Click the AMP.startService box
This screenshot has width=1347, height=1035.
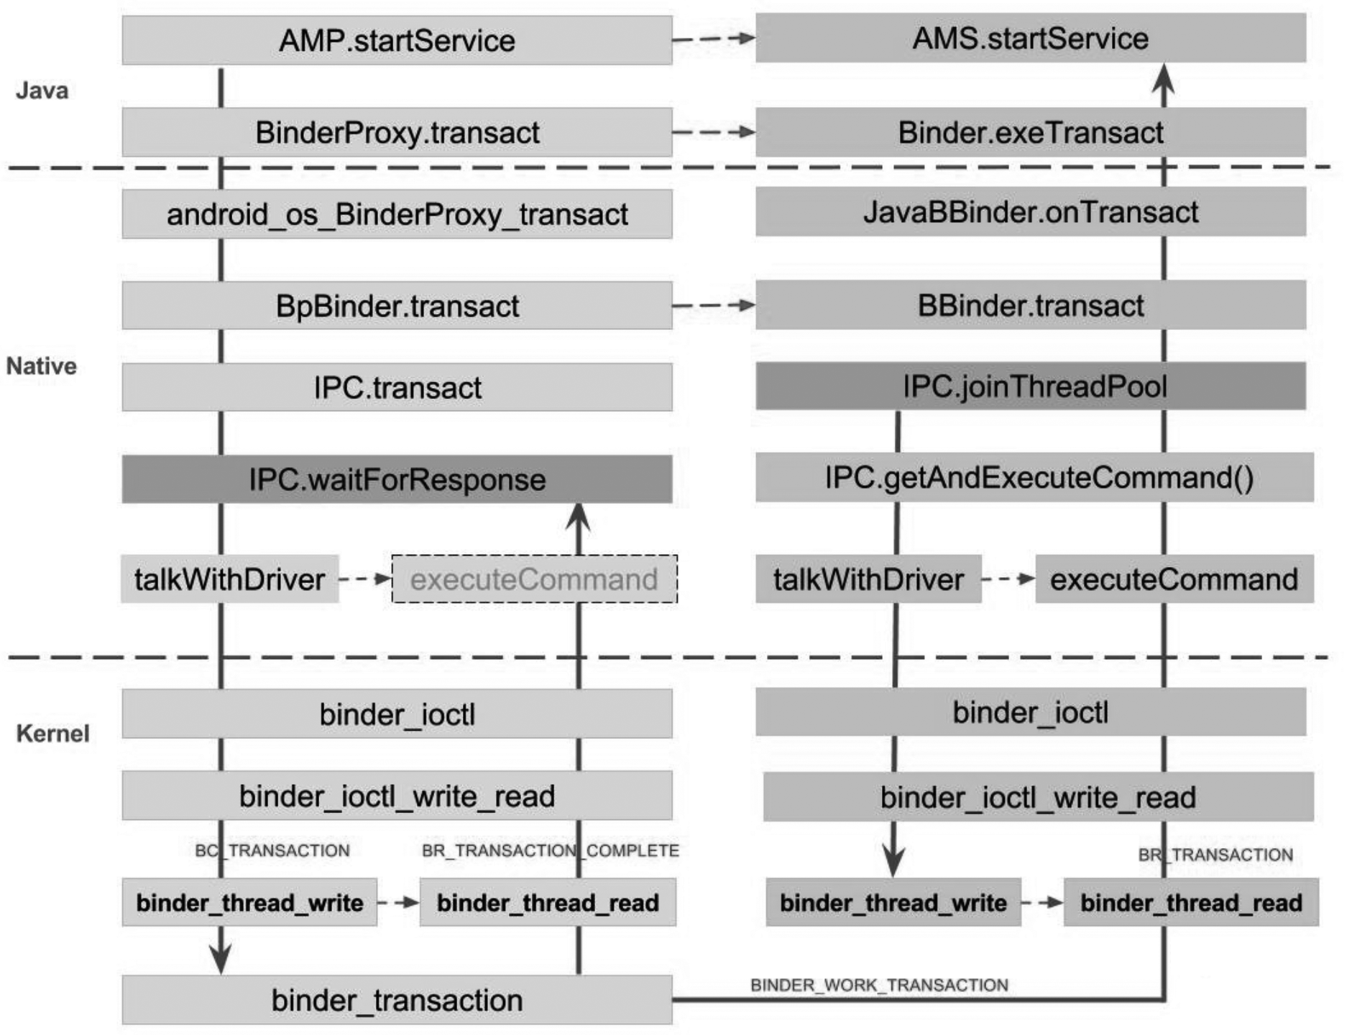[397, 40]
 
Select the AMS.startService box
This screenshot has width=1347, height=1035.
[1030, 38]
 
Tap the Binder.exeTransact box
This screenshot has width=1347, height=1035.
[1030, 132]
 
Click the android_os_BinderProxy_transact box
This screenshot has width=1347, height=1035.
[397, 214]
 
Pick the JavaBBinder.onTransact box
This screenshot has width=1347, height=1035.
[1030, 212]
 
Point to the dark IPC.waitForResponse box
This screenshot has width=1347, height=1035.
[397, 479]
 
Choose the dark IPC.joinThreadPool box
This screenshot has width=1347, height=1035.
[1030, 387]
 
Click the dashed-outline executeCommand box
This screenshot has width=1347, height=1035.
[533, 579]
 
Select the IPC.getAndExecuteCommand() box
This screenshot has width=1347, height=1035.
[1035, 477]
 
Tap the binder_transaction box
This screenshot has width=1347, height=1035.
[397, 1000]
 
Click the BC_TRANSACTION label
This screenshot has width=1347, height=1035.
[272, 851]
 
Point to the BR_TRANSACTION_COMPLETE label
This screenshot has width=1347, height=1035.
[550, 851]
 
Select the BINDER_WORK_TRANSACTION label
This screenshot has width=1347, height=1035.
[879, 985]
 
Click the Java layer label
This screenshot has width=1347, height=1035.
[42, 91]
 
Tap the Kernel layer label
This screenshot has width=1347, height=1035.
[52, 734]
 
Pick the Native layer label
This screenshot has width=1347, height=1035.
[42, 366]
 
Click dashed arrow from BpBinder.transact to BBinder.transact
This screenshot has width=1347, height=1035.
[713, 305]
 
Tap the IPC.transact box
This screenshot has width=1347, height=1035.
[397, 387]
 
